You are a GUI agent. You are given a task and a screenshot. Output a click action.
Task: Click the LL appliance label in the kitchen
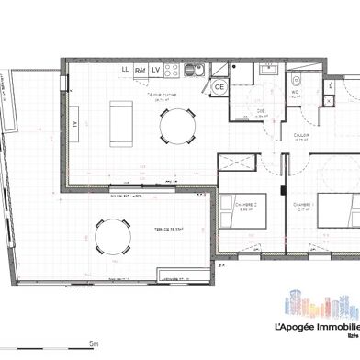(125, 70)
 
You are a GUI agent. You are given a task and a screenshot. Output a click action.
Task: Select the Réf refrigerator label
(141, 70)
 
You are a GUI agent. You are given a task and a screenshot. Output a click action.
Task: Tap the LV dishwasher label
(156, 70)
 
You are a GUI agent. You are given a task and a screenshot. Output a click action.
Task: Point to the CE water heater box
(219, 87)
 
